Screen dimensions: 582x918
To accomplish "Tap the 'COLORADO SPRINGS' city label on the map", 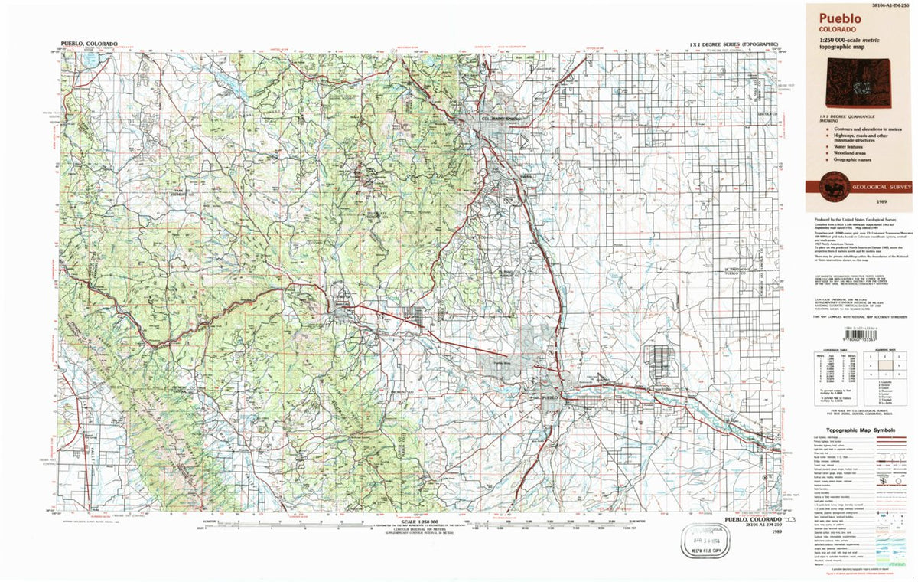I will (x=505, y=119).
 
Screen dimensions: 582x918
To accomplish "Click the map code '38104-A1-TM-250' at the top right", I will (x=887, y=5).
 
